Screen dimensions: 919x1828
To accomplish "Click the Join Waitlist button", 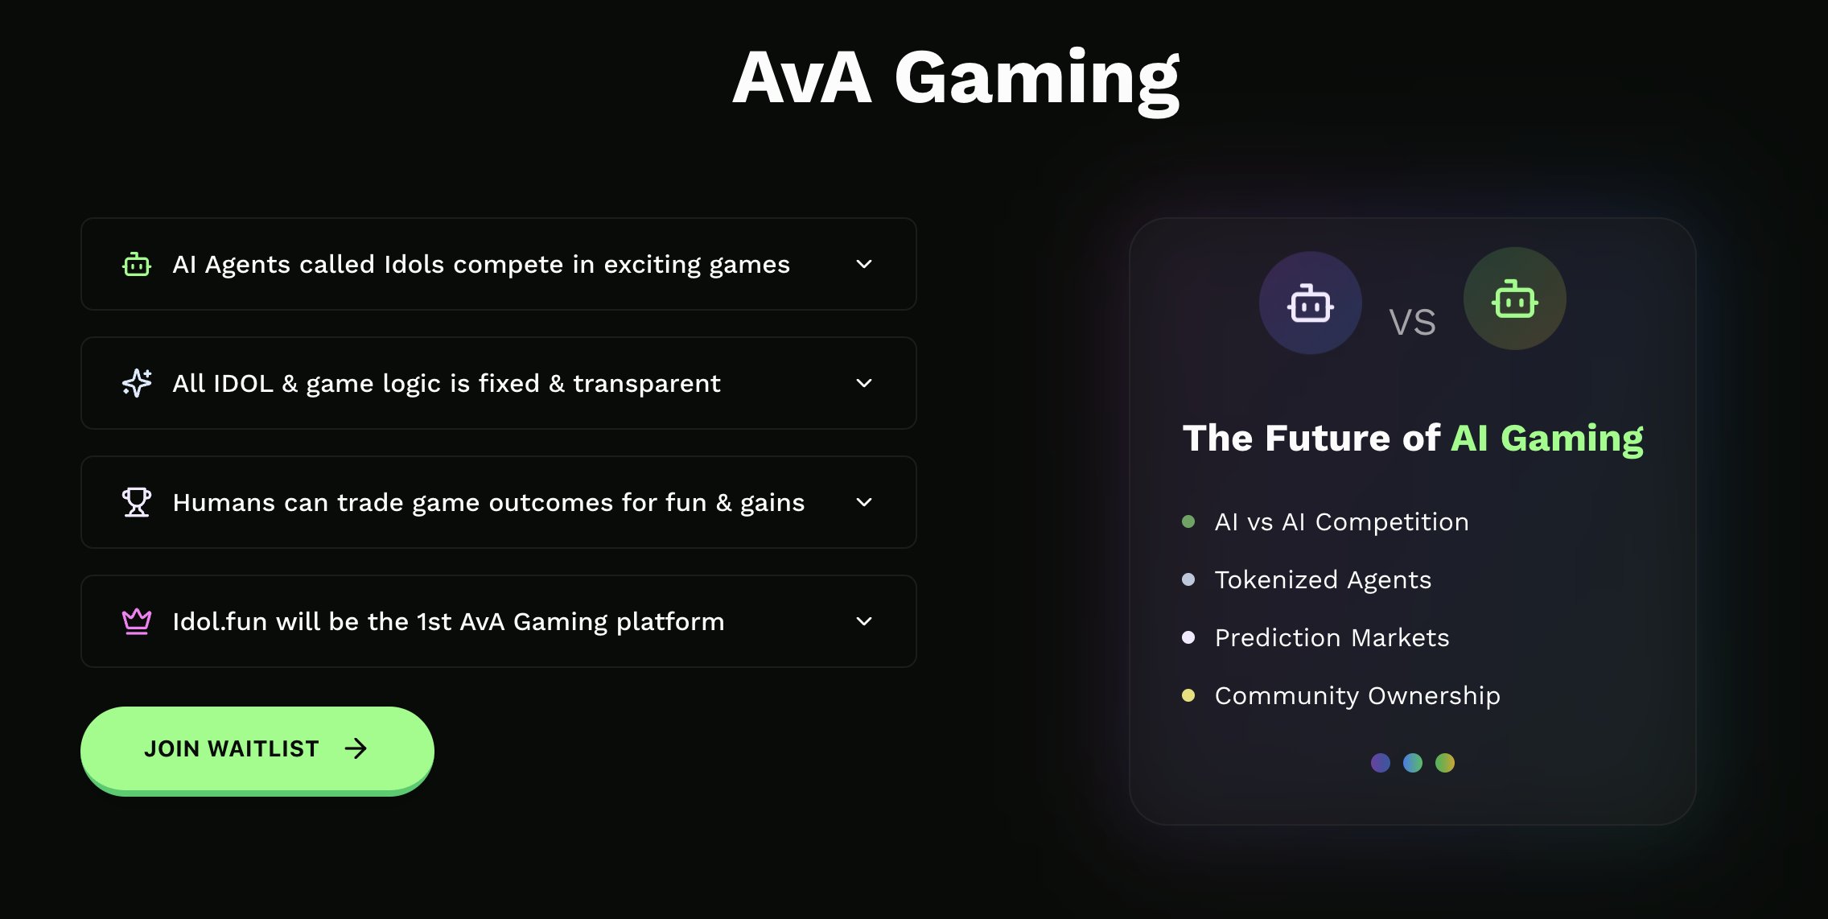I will [x=257, y=749].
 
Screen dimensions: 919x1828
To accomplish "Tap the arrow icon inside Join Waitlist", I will [x=356, y=749].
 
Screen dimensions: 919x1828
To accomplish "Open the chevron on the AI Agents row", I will [x=864, y=264].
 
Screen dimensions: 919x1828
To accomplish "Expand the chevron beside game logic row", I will [x=864, y=383].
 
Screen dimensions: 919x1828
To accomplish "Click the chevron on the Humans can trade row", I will [x=864, y=502].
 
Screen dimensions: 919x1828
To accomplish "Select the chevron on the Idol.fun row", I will [x=864, y=621].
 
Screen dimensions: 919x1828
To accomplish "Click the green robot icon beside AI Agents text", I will [x=137, y=264].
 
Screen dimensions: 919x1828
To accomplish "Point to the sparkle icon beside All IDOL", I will [x=137, y=383].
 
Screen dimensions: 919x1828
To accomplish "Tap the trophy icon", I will [x=137, y=502].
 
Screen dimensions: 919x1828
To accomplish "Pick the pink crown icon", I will [x=137, y=621].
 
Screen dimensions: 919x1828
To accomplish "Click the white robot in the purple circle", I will [x=1311, y=303].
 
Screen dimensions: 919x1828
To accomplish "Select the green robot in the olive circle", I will [x=1515, y=299].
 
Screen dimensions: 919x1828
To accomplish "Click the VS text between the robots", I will [x=1412, y=323].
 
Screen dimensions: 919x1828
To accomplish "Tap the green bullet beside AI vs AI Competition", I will [x=1188, y=521].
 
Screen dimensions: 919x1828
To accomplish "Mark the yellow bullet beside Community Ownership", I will [x=1188, y=695].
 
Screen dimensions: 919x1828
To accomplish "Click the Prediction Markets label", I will [x=1332, y=637].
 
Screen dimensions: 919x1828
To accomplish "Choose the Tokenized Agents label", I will [x=1323, y=579].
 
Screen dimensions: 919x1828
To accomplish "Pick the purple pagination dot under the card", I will [x=1381, y=763].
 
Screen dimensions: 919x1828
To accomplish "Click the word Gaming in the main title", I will [x=1037, y=79].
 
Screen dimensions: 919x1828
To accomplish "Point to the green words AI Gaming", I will [x=1546, y=439].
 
